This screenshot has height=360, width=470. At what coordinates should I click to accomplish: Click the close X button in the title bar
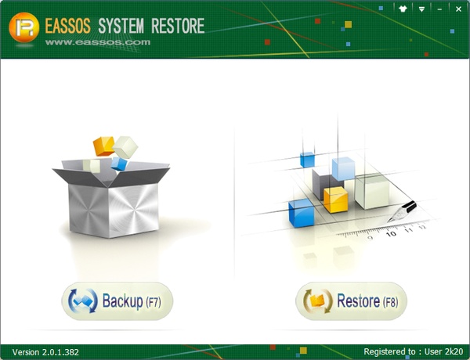[459, 9]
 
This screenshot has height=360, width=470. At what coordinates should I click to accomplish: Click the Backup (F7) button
[117, 301]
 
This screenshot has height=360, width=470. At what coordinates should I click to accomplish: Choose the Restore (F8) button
[351, 301]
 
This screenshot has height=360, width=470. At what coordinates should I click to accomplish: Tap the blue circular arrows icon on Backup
[84, 301]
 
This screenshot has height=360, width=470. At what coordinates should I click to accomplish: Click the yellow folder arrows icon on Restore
[318, 301]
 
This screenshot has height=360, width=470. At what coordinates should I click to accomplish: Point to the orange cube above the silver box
[103, 145]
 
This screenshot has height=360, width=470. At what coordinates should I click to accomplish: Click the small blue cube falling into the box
[119, 163]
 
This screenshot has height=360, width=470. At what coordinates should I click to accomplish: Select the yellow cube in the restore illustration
[335, 199]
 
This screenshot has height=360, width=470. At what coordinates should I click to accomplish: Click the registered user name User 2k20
[440, 351]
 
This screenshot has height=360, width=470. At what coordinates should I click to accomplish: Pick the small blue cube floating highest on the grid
[306, 160]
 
